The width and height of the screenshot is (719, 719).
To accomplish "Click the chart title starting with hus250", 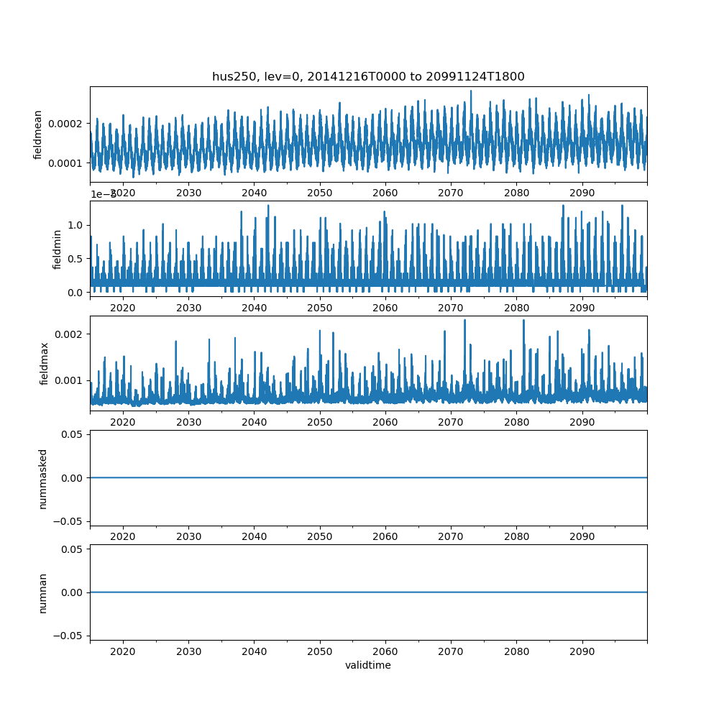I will [368, 76].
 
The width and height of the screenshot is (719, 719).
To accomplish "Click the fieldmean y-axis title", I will [37, 134].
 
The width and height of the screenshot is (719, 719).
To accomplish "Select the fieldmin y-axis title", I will [58, 249].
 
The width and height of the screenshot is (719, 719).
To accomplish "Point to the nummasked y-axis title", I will [42, 478].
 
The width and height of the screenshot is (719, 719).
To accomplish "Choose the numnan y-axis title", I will [42, 592].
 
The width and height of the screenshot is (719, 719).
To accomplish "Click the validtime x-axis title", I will [368, 665].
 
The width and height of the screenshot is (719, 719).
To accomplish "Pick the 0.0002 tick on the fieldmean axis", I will [67, 124].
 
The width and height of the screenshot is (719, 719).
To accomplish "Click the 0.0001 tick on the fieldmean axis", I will [67, 163].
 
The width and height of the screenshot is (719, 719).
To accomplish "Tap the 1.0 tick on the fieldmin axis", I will [76, 225].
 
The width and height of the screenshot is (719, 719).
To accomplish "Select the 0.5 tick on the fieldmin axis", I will [76, 259].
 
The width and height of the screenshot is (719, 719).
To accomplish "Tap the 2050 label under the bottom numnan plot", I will [320, 651].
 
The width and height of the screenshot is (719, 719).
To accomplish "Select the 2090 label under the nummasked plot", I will [582, 536].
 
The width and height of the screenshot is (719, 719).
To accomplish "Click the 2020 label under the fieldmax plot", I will [123, 422].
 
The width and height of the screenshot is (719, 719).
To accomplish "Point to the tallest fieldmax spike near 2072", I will [464, 320].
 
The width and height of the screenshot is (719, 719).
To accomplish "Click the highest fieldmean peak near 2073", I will [471, 91].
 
